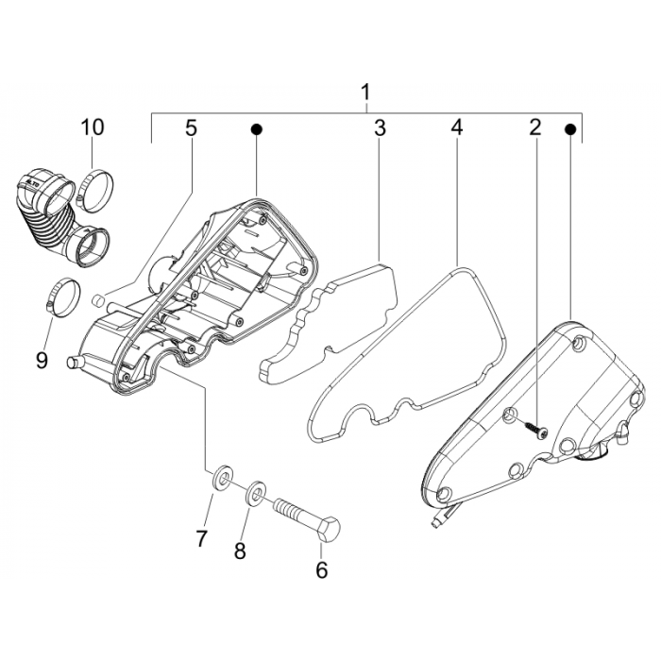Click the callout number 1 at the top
pos(365,92)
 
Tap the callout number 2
pos(534,127)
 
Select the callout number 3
pos(379,127)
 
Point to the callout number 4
pos(457,127)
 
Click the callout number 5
pos(192,127)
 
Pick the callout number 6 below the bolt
pos(321,570)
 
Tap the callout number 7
pos(201,539)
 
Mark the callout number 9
pos(41,332)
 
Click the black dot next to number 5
pos(255,127)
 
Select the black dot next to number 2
pos(570,127)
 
